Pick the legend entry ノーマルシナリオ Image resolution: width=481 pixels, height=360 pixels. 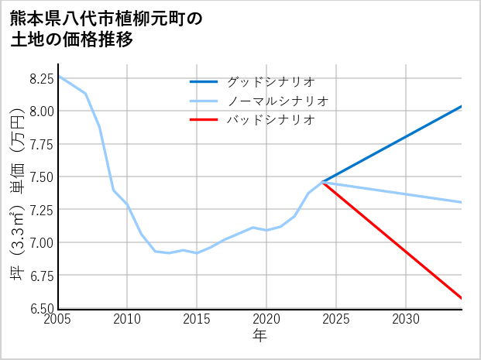[277, 101]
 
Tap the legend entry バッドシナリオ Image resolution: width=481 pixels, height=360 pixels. [270, 120]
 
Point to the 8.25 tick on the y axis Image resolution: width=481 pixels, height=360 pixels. [41, 78]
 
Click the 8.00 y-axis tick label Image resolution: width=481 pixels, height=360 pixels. [41, 111]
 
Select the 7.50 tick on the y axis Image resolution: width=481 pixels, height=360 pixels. [41, 177]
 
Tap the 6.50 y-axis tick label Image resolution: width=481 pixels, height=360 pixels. [41, 308]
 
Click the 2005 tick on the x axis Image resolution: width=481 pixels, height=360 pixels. [59, 319]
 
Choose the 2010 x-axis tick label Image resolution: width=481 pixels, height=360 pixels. [128, 319]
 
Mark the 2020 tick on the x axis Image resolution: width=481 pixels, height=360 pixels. [266, 319]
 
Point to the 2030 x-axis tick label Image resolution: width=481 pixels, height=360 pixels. [406, 319]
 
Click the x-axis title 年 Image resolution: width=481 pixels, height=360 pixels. [260, 335]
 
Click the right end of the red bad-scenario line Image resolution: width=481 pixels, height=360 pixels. [462, 298]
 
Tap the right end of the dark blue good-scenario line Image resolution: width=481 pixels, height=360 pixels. [462, 106]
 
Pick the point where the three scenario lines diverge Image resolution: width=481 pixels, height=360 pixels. [322, 182]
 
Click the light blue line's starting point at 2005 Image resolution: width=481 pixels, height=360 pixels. [59, 76]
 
